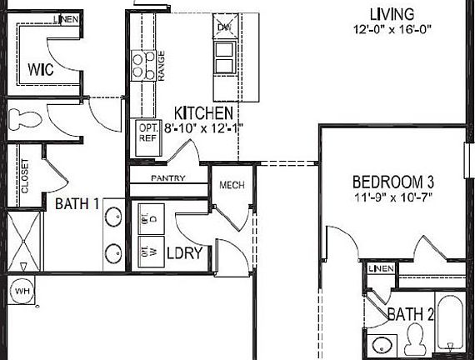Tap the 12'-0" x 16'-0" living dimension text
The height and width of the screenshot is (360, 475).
[391, 30]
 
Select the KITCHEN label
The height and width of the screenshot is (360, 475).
[202, 112]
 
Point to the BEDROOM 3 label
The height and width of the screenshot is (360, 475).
[393, 182]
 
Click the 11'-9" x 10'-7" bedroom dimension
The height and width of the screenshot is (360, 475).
[393, 198]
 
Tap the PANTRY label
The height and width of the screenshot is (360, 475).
[167, 177]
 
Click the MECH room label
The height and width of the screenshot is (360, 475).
[231, 185]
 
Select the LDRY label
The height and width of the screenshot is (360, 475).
[184, 252]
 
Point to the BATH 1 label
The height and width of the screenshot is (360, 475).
[77, 202]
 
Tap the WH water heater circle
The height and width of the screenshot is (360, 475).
[20, 292]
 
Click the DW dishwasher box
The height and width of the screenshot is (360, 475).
[224, 27]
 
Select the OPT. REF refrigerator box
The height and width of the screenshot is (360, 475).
[148, 133]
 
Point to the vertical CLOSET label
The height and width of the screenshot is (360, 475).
[24, 176]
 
